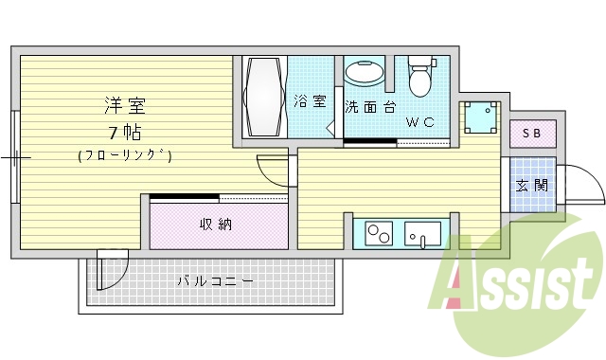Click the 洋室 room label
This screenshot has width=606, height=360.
[124, 105]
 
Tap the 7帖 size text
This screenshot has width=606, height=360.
[124, 132]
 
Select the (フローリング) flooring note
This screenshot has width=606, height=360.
[124, 155]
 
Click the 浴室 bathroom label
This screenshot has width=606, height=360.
[310, 101]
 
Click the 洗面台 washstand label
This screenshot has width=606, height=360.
[368, 106]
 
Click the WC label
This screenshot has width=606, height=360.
[421, 122]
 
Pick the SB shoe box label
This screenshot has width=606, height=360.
[532, 135]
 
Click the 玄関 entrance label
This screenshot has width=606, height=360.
[532, 186]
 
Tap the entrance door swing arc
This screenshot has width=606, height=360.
[581, 184]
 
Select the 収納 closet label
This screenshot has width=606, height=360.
[216, 225]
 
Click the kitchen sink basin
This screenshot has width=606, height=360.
[423, 232]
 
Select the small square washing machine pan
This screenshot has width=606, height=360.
[481, 118]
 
